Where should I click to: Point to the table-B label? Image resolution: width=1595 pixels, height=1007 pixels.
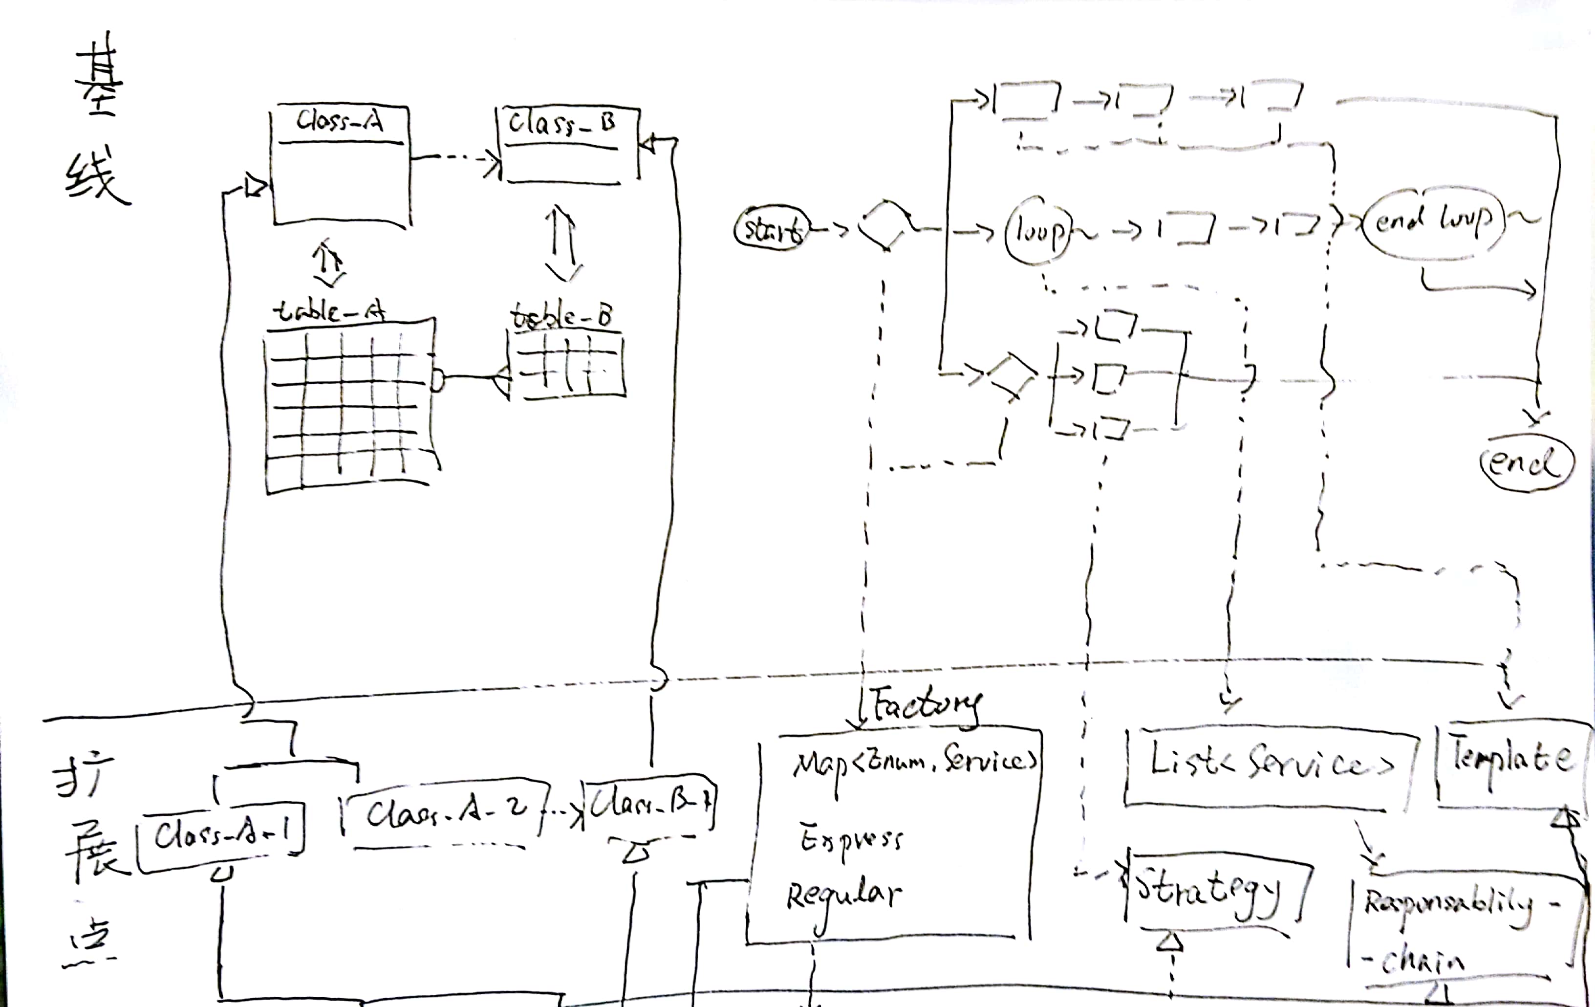pos(561,317)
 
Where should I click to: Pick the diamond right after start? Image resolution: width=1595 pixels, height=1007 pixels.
pos(884,225)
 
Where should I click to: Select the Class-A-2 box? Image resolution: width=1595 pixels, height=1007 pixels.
pos(445,814)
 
